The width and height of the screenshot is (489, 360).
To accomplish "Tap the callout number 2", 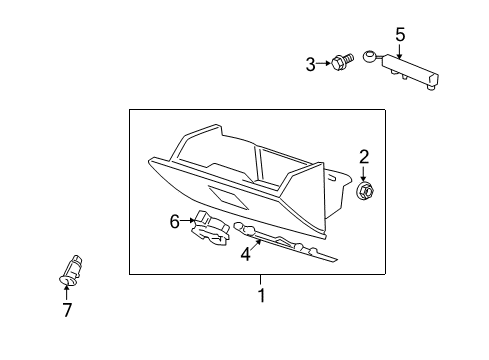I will (364, 156).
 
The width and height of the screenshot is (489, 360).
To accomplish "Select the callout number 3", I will (310, 65).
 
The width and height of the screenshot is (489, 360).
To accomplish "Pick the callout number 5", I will (400, 35).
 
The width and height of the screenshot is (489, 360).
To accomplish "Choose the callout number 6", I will (174, 222).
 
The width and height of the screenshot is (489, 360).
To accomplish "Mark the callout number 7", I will (68, 310).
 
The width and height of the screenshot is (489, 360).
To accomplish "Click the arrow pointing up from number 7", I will (68, 292).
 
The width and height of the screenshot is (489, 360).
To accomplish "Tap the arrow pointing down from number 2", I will (365, 171).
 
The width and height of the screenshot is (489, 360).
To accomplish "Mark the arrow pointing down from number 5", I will (400, 50).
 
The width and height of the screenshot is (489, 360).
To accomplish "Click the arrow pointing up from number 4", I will (256, 244).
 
